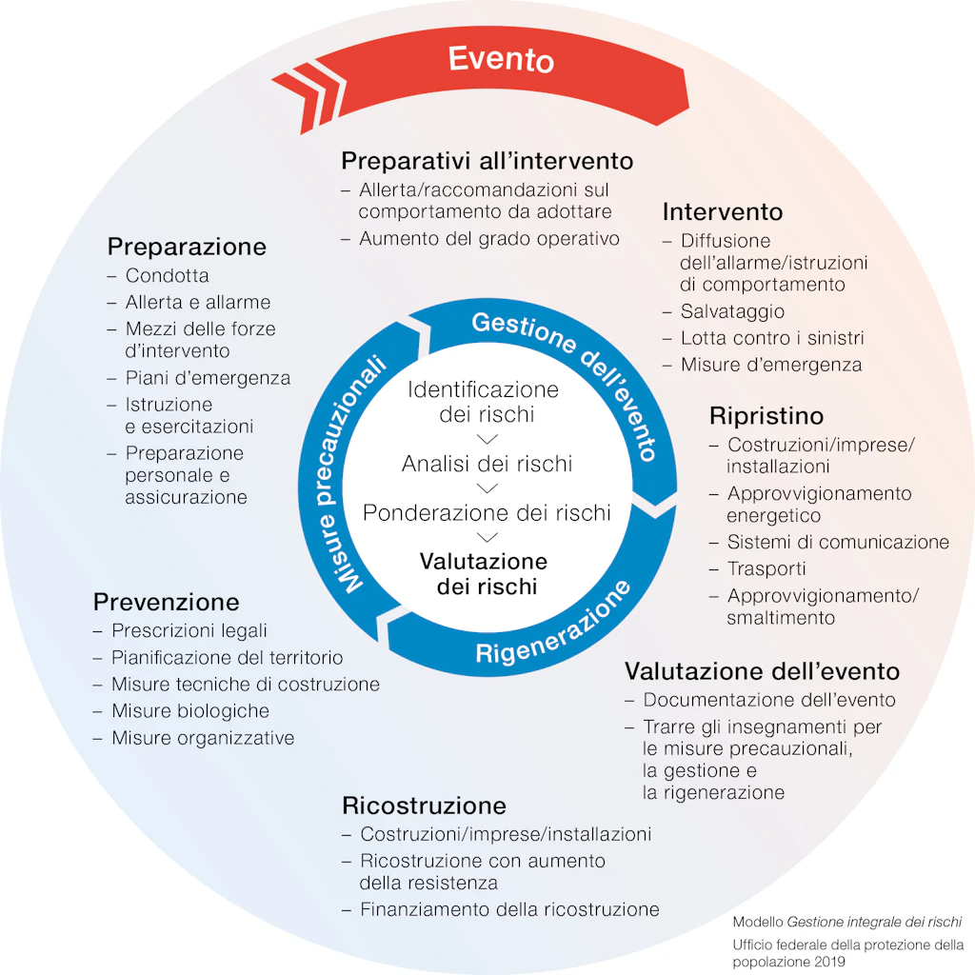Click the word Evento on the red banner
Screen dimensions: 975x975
point(501,60)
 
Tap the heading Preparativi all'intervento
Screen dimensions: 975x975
point(487,160)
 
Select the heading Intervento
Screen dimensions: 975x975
point(722,211)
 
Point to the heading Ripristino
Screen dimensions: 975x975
point(766,416)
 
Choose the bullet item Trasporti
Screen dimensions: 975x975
point(766,568)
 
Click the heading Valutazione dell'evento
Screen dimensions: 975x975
point(762,670)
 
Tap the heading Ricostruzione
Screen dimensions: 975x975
point(424,806)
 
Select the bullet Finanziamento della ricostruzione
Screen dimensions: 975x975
point(509,909)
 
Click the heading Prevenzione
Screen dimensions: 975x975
point(166,602)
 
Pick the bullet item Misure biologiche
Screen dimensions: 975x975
point(189,711)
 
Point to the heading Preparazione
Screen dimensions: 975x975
point(187,247)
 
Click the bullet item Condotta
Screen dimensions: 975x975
point(167,276)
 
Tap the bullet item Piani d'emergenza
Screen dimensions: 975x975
point(208,378)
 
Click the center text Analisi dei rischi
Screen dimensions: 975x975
point(487,464)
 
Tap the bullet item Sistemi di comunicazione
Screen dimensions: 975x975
point(838,542)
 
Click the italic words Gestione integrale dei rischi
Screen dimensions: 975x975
point(873,922)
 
